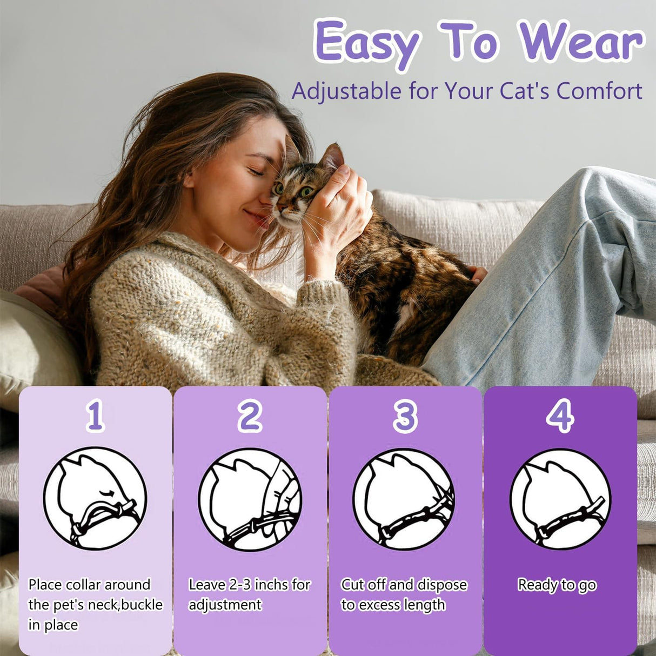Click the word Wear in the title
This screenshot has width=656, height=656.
(x=581, y=42)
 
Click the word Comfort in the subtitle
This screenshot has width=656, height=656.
(x=599, y=91)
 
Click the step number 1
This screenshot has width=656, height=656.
(x=95, y=416)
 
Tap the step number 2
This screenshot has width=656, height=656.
(x=250, y=416)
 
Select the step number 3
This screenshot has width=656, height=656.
(x=405, y=416)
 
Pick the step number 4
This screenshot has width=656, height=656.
(x=560, y=416)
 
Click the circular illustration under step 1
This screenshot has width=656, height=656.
(x=95, y=498)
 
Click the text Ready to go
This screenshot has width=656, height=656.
(x=557, y=585)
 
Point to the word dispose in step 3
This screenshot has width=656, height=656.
(x=442, y=585)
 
